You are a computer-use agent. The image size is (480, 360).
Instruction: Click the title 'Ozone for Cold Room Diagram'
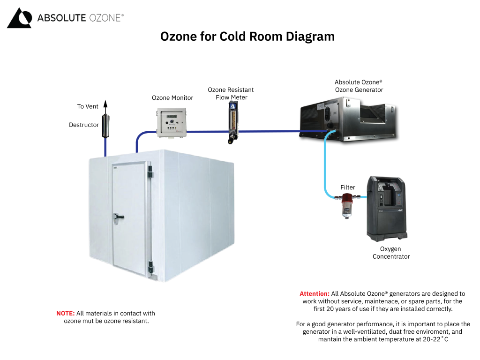point(247,37)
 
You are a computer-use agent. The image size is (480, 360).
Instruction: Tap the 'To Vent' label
point(88,106)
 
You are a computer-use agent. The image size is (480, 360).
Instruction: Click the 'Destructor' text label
point(84,125)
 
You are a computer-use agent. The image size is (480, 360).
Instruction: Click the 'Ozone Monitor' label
point(172,98)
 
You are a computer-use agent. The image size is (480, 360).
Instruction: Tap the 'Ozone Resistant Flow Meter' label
point(231,93)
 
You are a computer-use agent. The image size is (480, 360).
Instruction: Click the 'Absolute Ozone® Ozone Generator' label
point(359,86)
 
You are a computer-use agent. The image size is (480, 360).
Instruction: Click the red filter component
point(347,204)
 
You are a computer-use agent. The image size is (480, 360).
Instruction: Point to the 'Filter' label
point(348,187)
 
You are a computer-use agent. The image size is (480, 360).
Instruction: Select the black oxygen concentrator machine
point(386,206)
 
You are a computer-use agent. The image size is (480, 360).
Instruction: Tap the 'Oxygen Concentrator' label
point(391,253)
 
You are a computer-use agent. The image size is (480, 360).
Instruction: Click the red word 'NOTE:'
point(66,313)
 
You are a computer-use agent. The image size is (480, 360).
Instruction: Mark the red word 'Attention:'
point(315,293)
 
